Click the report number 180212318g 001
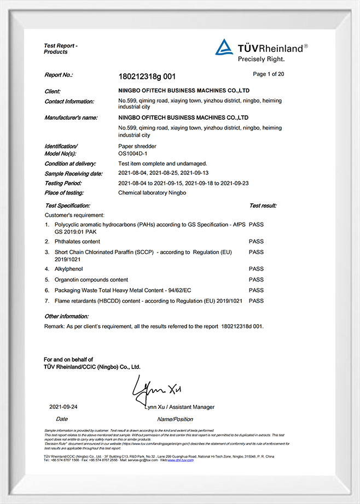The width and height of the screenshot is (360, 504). (x=147, y=76)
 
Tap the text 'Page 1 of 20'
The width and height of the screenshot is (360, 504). (x=268, y=74)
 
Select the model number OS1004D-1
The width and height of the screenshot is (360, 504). (x=133, y=154)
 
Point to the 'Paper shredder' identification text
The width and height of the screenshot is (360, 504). (x=137, y=146)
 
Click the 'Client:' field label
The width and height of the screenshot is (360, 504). (x=53, y=91)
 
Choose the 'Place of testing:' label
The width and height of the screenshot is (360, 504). (x=64, y=192)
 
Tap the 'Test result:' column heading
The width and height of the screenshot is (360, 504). (x=263, y=206)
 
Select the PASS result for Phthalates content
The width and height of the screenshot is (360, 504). (x=256, y=241)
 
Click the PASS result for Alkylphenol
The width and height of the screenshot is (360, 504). (x=256, y=268)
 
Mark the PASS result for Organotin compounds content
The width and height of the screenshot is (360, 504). (x=256, y=279)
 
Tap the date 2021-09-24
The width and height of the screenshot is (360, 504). (x=63, y=407)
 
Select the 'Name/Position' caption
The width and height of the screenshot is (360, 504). (x=175, y=419)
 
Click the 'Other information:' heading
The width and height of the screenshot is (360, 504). (x=66, y=316)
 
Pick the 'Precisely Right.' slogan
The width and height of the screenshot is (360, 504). (x=262, y=58)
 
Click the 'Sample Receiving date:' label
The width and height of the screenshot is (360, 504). (x=73, y=173)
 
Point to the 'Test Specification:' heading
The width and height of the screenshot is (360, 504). (x=67, y=206)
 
